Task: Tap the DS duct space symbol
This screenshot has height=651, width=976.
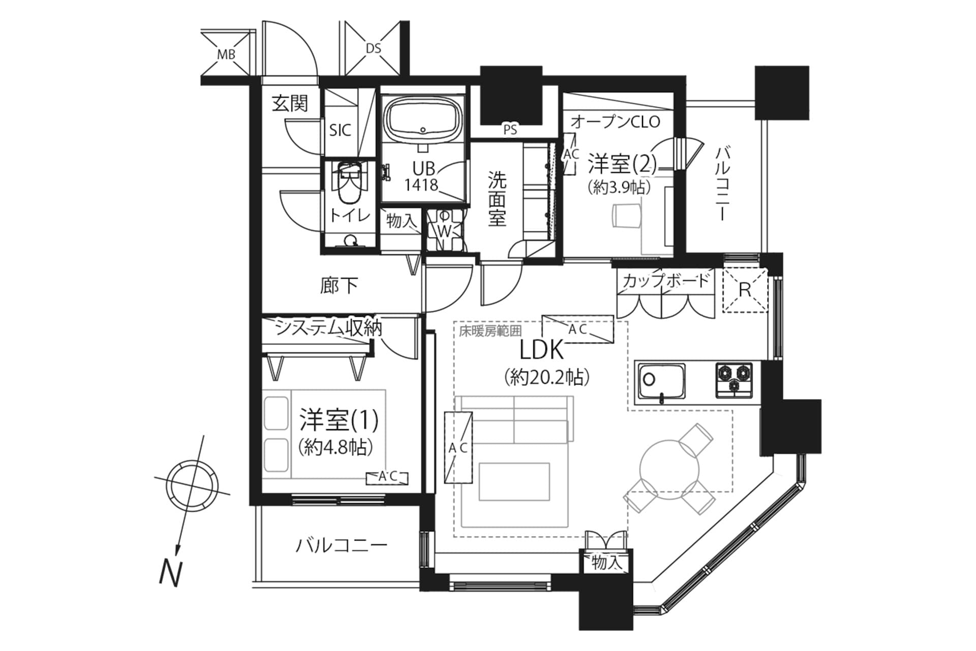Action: [373, 48]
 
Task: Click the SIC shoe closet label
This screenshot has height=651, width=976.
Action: [340, 130]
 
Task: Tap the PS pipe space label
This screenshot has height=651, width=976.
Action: [510, 130]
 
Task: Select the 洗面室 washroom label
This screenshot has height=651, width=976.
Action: [497, 199]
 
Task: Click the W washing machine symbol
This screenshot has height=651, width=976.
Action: [445, 231]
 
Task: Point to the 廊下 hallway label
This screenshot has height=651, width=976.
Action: [339, 285]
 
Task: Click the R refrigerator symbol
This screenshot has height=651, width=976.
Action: [745, 290]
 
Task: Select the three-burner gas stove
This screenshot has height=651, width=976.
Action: [734, 379]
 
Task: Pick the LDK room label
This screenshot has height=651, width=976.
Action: [542, 350]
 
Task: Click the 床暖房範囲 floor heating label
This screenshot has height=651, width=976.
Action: [490, 331]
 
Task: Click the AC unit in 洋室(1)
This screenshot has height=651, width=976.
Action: [387, 477]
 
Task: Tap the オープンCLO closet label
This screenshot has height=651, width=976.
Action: [615, 122]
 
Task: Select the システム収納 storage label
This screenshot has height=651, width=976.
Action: [328, 329]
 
